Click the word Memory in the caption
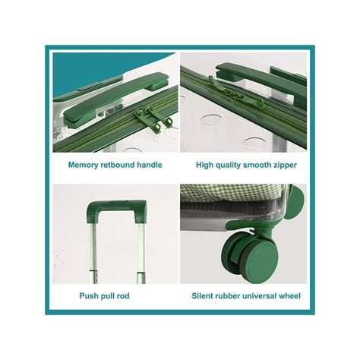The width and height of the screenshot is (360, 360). [83, 165]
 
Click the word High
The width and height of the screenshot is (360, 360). [204, 165]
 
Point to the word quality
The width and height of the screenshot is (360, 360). [228, 165]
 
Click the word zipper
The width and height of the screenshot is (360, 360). [283, 166]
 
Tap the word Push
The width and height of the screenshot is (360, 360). [88, 295]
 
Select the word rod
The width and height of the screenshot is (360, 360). [123, 295]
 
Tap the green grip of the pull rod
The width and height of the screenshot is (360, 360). [116, 208]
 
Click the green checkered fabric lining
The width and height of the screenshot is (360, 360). [234, 192]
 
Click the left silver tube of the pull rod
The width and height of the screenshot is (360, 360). [92, 253]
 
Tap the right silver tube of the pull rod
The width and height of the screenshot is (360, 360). [141, 253]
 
